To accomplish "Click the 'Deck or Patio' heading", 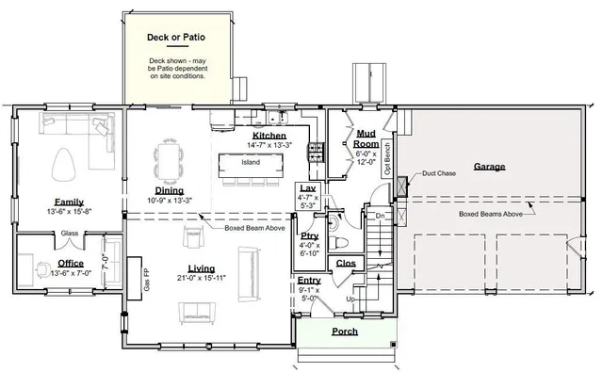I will pos(176,39).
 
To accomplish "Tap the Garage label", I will pos(489,167).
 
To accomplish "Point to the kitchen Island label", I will pos(251,162).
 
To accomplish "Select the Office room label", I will pos(70,263).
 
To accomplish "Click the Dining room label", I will pos(170,189).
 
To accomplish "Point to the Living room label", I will pos(202,267).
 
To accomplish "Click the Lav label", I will pos(307,188).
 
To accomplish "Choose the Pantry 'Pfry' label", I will pos(309,235).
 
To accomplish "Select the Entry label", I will pos(309,281).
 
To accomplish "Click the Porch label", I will pos(344,332).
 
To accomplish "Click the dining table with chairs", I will pos(171,156).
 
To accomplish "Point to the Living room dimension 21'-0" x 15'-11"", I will pos(202,278).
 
